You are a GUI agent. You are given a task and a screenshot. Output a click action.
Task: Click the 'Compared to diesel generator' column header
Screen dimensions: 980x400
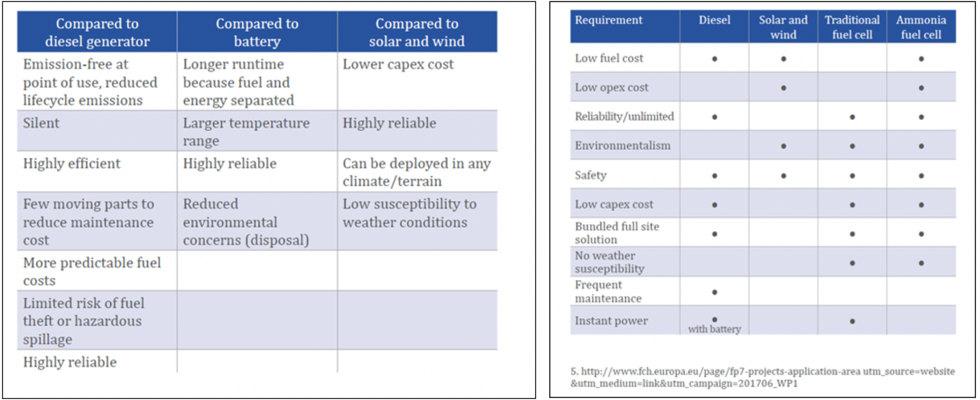coord(97,32)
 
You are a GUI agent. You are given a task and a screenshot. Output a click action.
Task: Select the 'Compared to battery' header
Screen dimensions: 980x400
coord(257,32)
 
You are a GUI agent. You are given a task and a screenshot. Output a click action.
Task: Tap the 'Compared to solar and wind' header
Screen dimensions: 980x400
coord(417,32)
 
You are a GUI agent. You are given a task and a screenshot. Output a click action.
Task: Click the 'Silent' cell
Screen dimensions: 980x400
coord(41,123)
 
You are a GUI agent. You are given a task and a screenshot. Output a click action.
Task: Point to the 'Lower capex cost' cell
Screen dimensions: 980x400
coord(398,64)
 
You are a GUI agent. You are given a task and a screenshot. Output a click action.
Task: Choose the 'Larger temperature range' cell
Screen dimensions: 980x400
coord(246,132)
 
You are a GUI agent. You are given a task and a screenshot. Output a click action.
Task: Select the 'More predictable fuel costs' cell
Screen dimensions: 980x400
coord(92,271)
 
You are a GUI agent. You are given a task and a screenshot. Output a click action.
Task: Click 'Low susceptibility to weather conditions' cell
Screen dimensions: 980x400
coord(409,213)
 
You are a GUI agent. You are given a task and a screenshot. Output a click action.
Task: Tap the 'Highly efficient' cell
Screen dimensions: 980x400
coord(71,164)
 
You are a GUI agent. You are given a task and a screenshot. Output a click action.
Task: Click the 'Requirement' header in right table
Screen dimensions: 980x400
coord(609,20)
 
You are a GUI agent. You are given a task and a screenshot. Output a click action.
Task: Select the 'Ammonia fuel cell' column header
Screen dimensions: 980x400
coord(921,27)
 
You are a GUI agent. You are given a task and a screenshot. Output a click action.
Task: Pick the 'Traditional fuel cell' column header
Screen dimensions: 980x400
coord(852,27)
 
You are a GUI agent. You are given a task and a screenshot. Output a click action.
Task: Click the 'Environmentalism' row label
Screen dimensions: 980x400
coord(622,146)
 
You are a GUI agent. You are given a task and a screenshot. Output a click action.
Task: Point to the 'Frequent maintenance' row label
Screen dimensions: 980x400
coord(608,292)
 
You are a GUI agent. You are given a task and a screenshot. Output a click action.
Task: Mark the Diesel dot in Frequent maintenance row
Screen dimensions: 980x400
coord(714,292)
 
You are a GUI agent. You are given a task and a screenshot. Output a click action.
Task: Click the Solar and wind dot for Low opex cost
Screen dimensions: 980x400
coord(783,88)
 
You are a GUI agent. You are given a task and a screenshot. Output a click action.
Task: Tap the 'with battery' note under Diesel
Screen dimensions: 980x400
coord(714,329)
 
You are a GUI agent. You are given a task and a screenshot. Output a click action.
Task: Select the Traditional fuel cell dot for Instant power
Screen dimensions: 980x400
coord(852,321)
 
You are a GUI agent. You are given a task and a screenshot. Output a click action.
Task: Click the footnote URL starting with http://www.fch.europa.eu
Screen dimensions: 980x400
coord(763,377)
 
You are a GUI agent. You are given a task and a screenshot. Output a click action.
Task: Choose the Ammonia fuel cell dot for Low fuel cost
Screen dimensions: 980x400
coord(921,59)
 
